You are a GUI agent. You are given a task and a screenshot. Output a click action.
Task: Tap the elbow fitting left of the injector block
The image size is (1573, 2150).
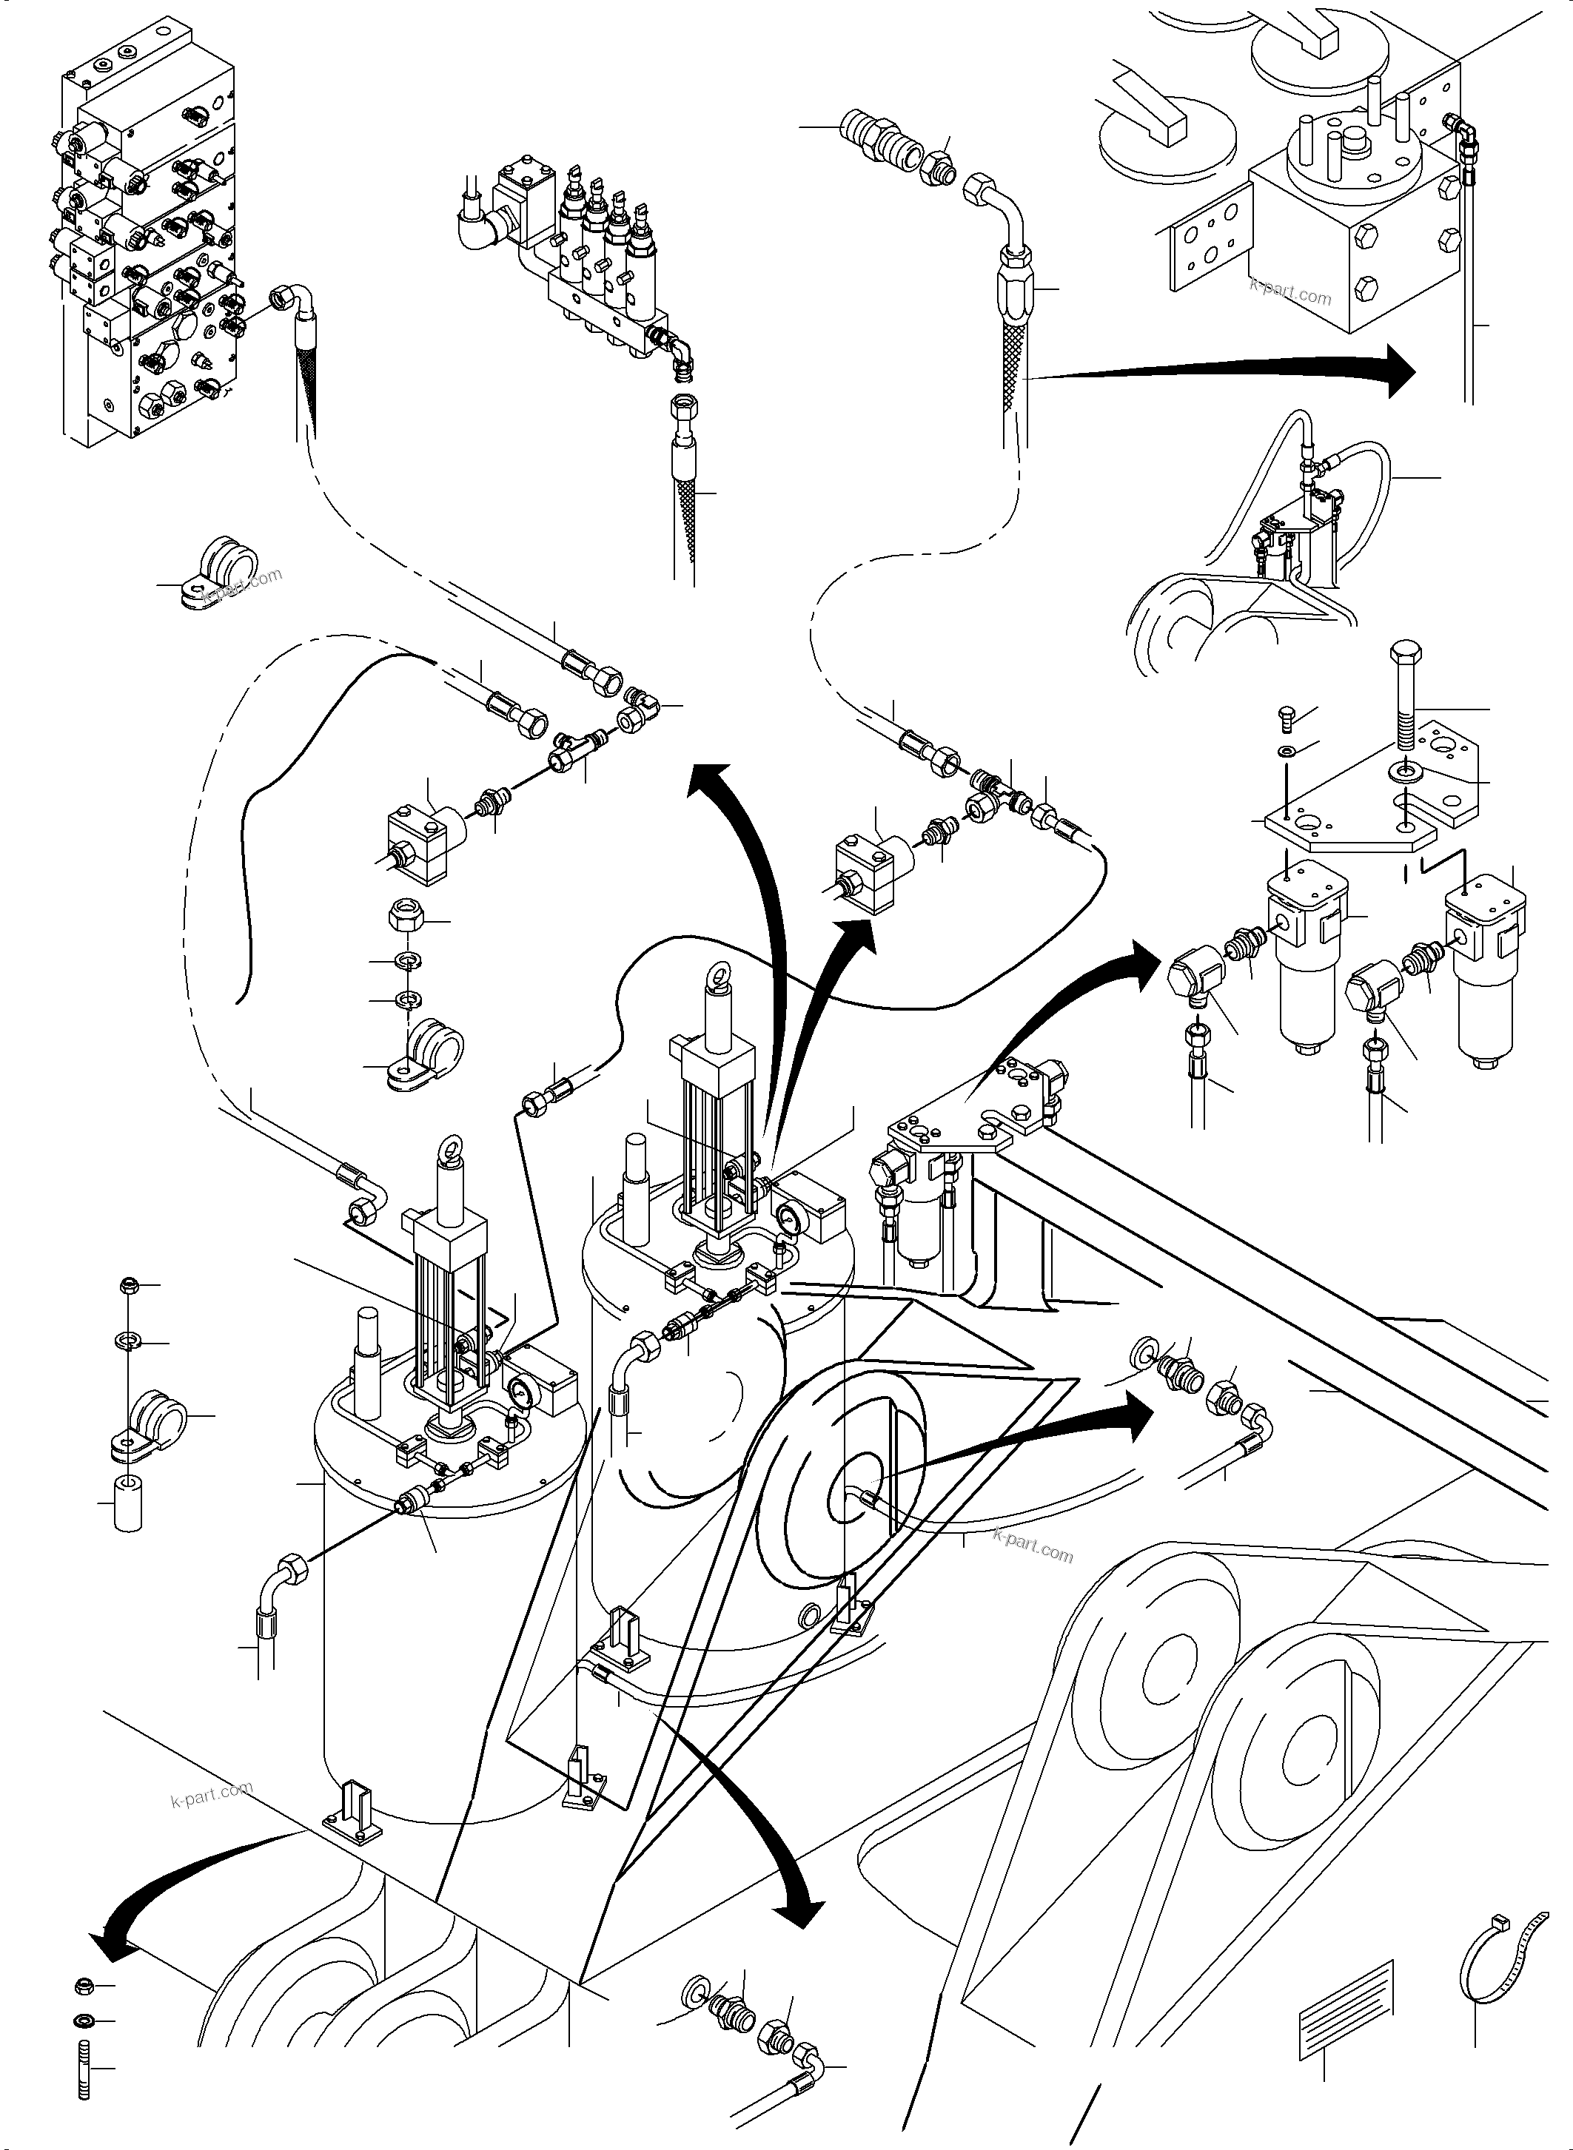coord(479,229)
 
